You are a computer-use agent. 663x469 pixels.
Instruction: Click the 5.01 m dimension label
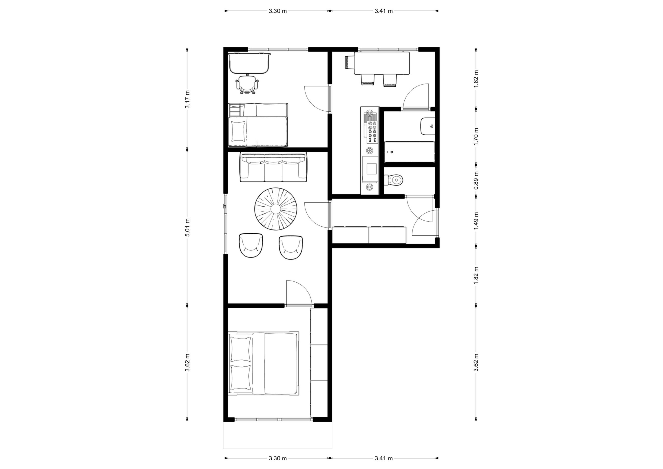point(187,228)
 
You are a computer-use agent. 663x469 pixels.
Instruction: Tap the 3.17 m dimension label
point(187,99)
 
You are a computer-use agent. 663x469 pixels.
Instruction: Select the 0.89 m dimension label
point(476,180)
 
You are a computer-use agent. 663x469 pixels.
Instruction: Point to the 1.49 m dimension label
point(476,221)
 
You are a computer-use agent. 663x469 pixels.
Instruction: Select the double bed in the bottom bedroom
point(263,363)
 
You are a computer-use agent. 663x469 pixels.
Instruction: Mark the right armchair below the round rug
point(291,247)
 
